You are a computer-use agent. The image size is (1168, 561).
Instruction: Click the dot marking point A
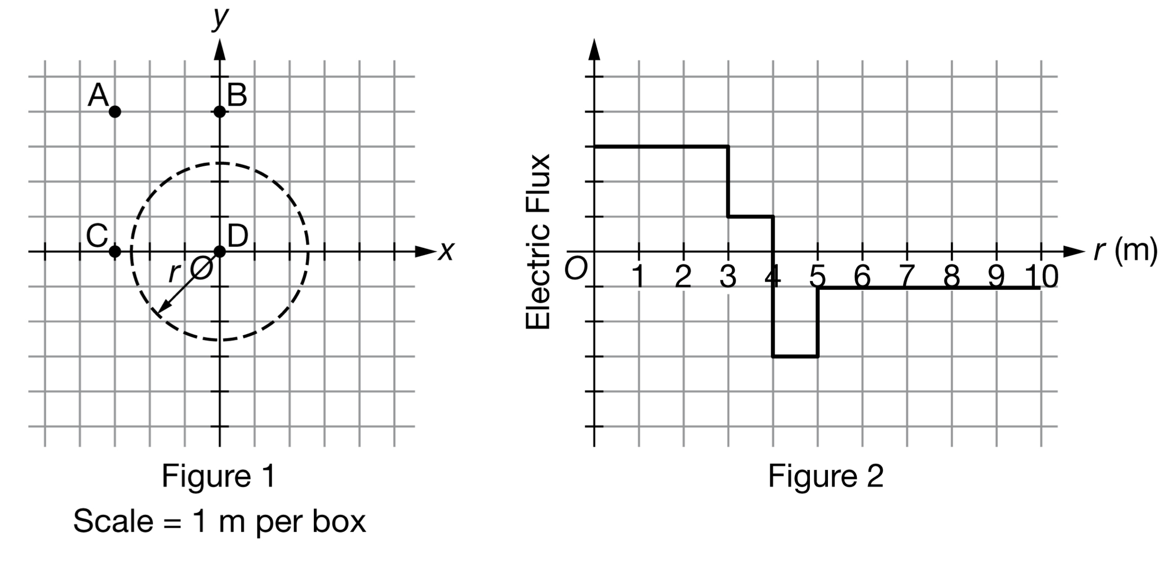[x=115, y=112]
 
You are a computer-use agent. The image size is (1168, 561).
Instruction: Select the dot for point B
[x=220, y=112]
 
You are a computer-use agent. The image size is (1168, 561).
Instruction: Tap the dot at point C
[x=115, y=252]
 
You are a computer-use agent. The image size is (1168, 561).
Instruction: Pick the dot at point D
[x=220, y=252]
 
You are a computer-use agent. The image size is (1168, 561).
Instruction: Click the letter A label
[x=98, y=96]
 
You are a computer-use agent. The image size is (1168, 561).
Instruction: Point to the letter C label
[x=97, y=236]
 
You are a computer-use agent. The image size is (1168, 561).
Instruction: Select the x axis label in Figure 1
[x=446, y=252]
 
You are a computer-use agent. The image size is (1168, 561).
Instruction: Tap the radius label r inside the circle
[x=174, y=272]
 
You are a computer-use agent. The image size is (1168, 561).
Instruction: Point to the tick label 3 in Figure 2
[x=728, y=277]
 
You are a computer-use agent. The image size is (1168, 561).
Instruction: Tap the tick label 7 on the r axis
[x=907, y=277]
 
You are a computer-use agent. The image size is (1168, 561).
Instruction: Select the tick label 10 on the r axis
[x=1042, y=276]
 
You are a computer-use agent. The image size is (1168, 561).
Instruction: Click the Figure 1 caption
[x=219, y=476]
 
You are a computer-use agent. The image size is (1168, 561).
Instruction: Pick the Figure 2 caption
[x=825, y=476]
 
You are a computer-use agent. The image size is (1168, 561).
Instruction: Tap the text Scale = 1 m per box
[x=219, y=521]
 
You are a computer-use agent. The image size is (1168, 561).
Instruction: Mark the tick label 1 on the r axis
[x=638, y=277]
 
